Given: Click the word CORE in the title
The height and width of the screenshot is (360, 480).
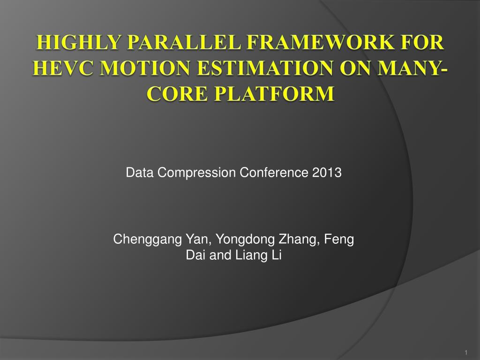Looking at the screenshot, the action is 177,93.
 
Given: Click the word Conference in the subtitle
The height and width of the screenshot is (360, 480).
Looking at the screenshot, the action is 274,172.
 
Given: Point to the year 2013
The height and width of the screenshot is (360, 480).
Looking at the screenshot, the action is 327,172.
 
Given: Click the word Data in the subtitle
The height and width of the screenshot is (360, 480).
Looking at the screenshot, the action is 140,172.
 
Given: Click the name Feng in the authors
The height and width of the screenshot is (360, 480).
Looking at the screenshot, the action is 339,240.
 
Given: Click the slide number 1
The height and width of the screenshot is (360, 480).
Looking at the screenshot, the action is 466,352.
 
